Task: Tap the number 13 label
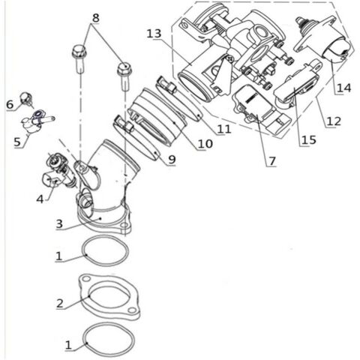[x=154, y=34]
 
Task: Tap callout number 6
[x=10, y=103]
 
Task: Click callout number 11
[x=221, y=129]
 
